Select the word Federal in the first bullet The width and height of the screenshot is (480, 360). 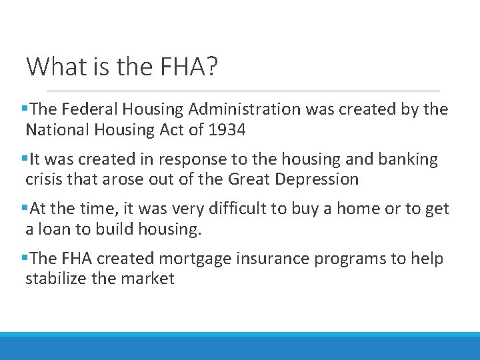click(94, 109)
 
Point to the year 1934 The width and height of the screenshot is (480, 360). click(227, 130)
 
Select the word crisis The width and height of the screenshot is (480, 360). click(43, 179)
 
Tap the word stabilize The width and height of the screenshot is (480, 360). click(56, 278)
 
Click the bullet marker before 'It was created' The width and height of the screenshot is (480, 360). click(24, 160)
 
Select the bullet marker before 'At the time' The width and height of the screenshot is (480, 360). click(24, 209)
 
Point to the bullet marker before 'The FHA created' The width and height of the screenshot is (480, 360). click(24, 259)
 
